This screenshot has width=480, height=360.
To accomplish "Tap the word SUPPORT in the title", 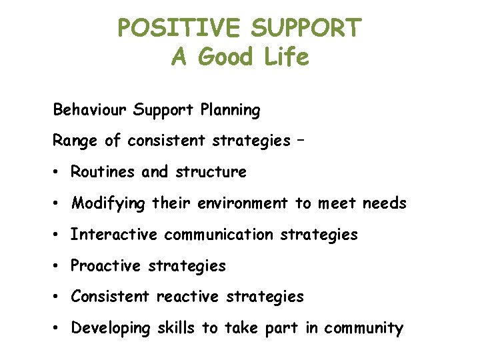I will [x=308, y=28].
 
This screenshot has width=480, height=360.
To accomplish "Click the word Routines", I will [x=103, y=172].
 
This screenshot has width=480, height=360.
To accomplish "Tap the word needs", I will [x=384, y=203].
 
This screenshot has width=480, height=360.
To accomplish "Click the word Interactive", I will [x=114, y=234].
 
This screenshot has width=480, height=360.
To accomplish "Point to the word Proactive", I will [x=106, y=265].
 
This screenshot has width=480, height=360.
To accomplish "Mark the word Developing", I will [x=111, y=328].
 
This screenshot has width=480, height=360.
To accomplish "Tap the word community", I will [x=363, y=329].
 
